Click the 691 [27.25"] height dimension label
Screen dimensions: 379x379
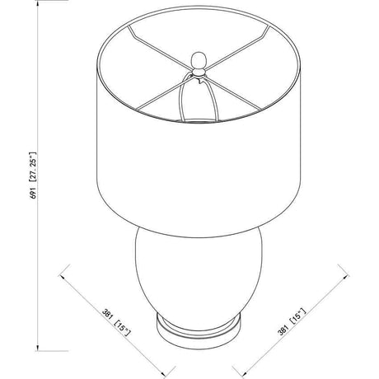click(x=34, y=175)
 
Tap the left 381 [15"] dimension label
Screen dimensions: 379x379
click(x=116, y=323)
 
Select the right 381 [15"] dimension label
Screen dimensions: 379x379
click(x=292, y=321)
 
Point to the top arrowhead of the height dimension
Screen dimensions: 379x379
click(x=38, y=3)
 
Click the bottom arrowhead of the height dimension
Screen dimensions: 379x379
click(x=38, y=347)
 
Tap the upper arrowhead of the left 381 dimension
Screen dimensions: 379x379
click(x=63, y=275)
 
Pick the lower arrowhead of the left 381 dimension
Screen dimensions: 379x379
click(x=164, y=373)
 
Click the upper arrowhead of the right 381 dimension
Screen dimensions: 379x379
click(x=345, y=276)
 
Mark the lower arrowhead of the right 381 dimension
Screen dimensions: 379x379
click(x=243, y=372)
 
